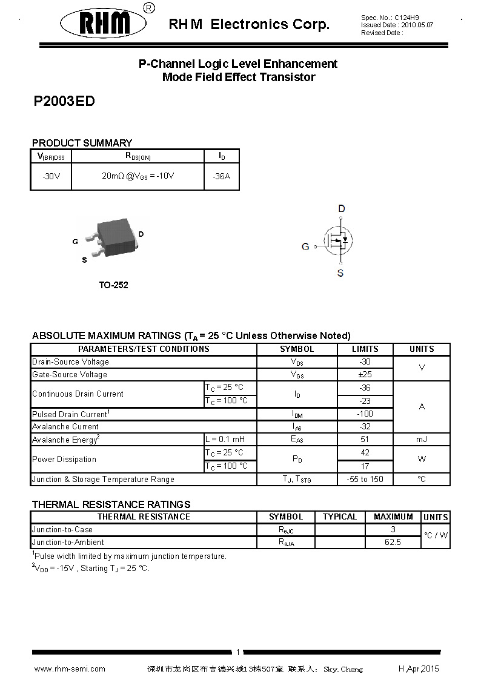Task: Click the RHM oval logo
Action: (104, 24)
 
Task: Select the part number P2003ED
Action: (64, 102)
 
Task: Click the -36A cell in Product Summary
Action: (222, 177)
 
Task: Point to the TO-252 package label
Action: (113, 285)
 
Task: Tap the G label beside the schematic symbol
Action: (305, 246)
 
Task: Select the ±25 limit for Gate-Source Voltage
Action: (365, 375)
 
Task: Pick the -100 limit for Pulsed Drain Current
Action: (365, 414)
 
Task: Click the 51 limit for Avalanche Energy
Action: (365, 440)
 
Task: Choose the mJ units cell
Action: (422, 440)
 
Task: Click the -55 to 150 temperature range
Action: (365, 480)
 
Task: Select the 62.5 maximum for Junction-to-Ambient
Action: (393, 543)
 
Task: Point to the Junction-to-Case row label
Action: (62, 530)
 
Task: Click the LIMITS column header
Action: (365, 349)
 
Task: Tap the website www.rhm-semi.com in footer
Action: (70, 669)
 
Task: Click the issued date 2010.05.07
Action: (417, 25)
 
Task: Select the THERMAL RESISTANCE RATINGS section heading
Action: (111, 504)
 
